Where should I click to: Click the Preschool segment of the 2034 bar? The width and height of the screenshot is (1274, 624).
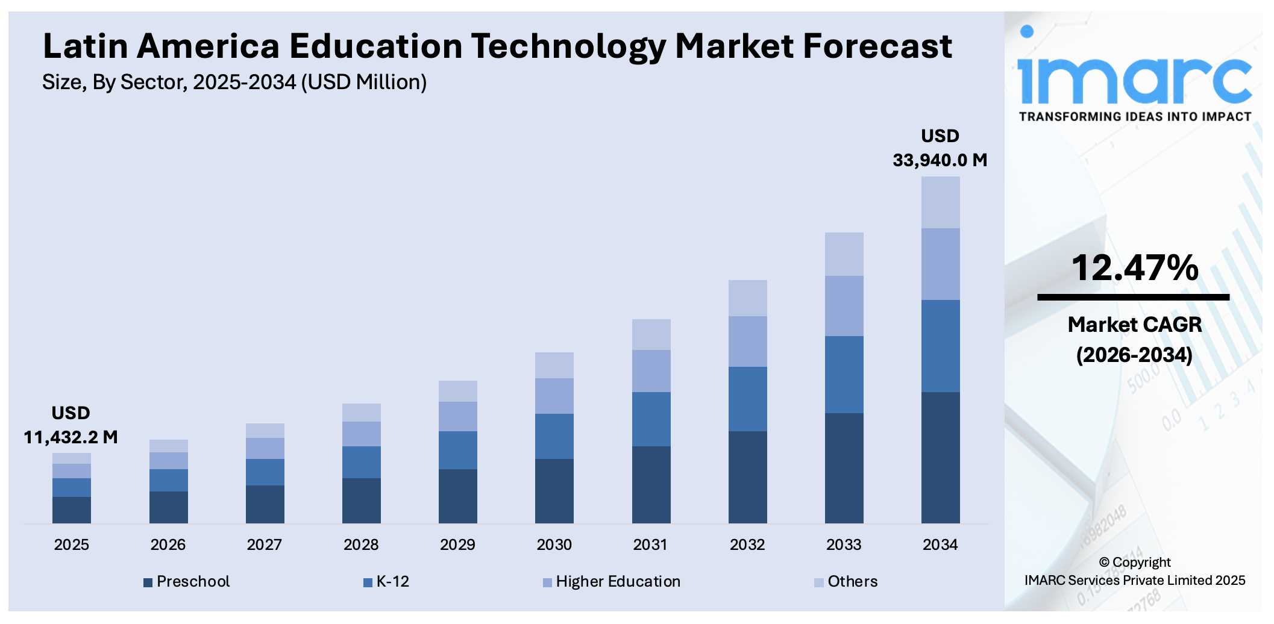tap(940, 457)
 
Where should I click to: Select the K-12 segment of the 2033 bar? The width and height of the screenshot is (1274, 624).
tap(844, 374)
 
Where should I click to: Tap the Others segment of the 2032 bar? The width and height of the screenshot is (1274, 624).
tap(747, 298)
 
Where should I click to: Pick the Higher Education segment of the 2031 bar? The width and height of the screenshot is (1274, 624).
tap(651, 370)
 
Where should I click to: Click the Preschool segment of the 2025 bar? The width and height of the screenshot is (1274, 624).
tap(72, 510)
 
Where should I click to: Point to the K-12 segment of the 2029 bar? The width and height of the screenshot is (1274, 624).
tap(457, 450)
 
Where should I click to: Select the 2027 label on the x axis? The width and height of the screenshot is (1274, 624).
tap(264, 544)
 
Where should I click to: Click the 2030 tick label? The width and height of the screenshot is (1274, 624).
tap(554, 544)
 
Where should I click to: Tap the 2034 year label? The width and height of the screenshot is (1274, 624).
tap(940, 544)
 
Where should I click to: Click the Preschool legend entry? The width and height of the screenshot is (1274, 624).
tap(187, 581)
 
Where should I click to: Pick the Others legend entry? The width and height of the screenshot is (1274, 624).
tap(846, 581)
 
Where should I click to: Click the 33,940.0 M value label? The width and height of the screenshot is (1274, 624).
tap(940, 160)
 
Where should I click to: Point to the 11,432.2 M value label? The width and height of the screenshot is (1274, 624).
tap(71, 437)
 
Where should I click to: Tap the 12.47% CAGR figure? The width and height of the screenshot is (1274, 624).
tap(1134, 267)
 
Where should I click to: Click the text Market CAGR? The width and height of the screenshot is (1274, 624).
tap(1134, 325)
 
